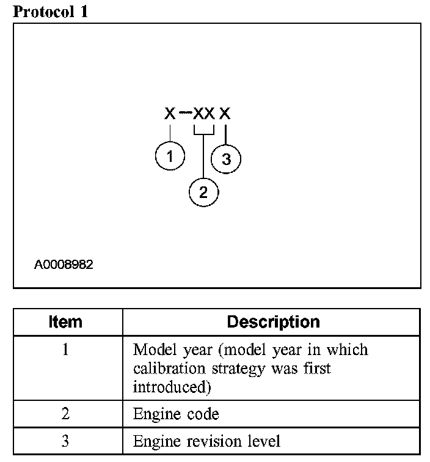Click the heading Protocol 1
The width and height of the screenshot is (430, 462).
tap(51, 12)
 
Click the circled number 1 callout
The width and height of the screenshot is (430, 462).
tap(170, 156)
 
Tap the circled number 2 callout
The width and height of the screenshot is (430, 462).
tap(203, 193)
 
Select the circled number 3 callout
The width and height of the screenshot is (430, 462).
tap(226, 160)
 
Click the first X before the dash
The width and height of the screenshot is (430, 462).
tap(170, 114)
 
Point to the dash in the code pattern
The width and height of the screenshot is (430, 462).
tap(185, 113)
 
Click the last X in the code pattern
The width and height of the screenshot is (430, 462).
tap(225, 114)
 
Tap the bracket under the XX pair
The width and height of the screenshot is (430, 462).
tap(203, 131)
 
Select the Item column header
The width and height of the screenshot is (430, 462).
tap(65, 322)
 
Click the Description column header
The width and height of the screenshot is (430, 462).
tap(273, 322)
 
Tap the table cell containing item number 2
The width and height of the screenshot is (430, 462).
tap(65, 414)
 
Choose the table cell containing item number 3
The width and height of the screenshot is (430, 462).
tap(65, 441)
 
